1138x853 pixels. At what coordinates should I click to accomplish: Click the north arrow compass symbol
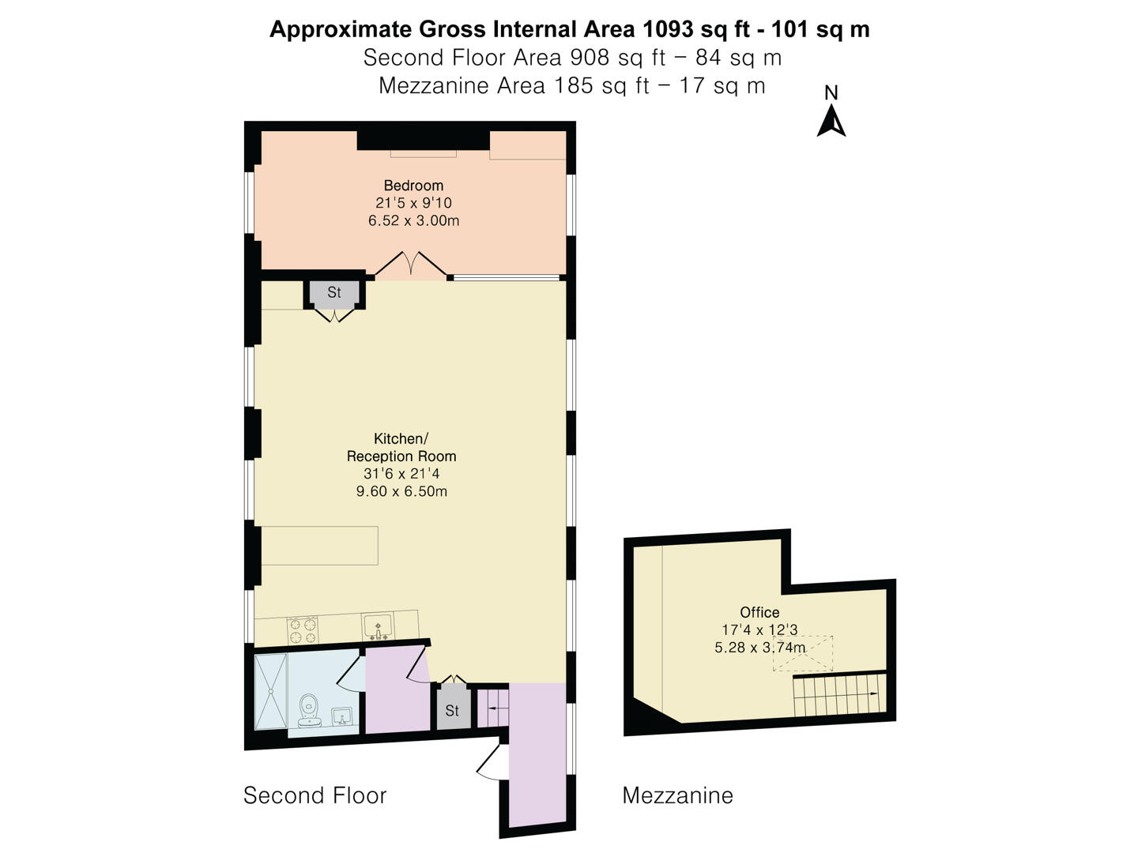pyautogui.click(x=831, y=121)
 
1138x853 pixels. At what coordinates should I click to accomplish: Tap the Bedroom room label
pyautogui.click(x=413, y=186)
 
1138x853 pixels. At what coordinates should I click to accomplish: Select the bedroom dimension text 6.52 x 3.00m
pyautogui.click(x=413, y=220)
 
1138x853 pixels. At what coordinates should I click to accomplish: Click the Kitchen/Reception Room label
pyautogui.click(x=401, y=447)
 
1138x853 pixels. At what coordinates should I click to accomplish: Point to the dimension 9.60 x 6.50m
pyautogui.click(x=401, y=491)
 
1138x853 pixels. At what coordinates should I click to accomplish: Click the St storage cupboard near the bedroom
pyautogui.click(x=334, y=293)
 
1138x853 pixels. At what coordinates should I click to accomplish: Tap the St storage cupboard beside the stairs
pyautogui.click(x=451, y=710)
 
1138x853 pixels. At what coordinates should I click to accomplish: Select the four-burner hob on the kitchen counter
pyautogui.click(x=303, y=629)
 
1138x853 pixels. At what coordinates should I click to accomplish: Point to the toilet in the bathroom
pyautogui.click(x=308, y=708)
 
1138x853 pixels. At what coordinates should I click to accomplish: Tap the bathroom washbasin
pyautogui.click(x=342, y=716)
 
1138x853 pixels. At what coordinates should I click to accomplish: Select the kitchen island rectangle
pyautogui.click(x=319, y=545)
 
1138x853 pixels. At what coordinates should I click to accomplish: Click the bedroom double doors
pyautogui.click(x=410, y=266)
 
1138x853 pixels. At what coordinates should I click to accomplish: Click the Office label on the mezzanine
pyautogui.click(x=759, y=612)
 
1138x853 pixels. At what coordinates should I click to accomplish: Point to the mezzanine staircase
pyautogui.click(x=838, y=695)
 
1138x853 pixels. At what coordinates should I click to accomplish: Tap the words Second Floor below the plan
pyautogui.click(x=315, y=795)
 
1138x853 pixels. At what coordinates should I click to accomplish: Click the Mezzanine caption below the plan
pyautogui.click(x=677, y=795)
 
